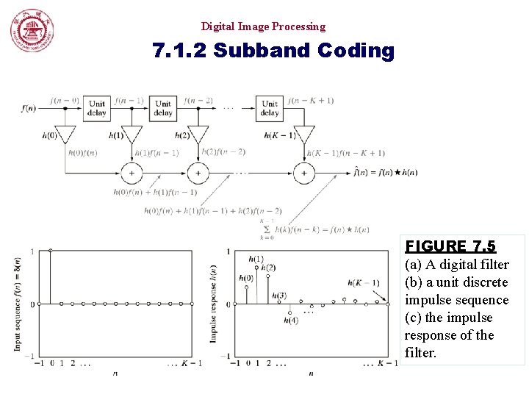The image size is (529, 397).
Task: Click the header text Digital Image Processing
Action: [263, 26]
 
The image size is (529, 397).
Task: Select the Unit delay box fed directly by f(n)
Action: [97, 108]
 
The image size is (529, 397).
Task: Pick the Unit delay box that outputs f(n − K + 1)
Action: [270, 108]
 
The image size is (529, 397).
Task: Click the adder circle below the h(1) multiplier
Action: [132, 173]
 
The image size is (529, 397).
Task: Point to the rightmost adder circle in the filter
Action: [303, 173]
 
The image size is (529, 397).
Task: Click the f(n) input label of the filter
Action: [29, 109]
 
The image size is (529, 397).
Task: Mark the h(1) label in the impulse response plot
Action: [256, 259]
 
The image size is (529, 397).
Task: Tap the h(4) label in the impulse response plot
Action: [292, 320]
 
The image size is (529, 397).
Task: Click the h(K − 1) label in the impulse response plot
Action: [365, 283]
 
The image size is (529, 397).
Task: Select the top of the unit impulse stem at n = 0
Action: [50, 251]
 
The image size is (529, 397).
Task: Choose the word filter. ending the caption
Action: [420, 353]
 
